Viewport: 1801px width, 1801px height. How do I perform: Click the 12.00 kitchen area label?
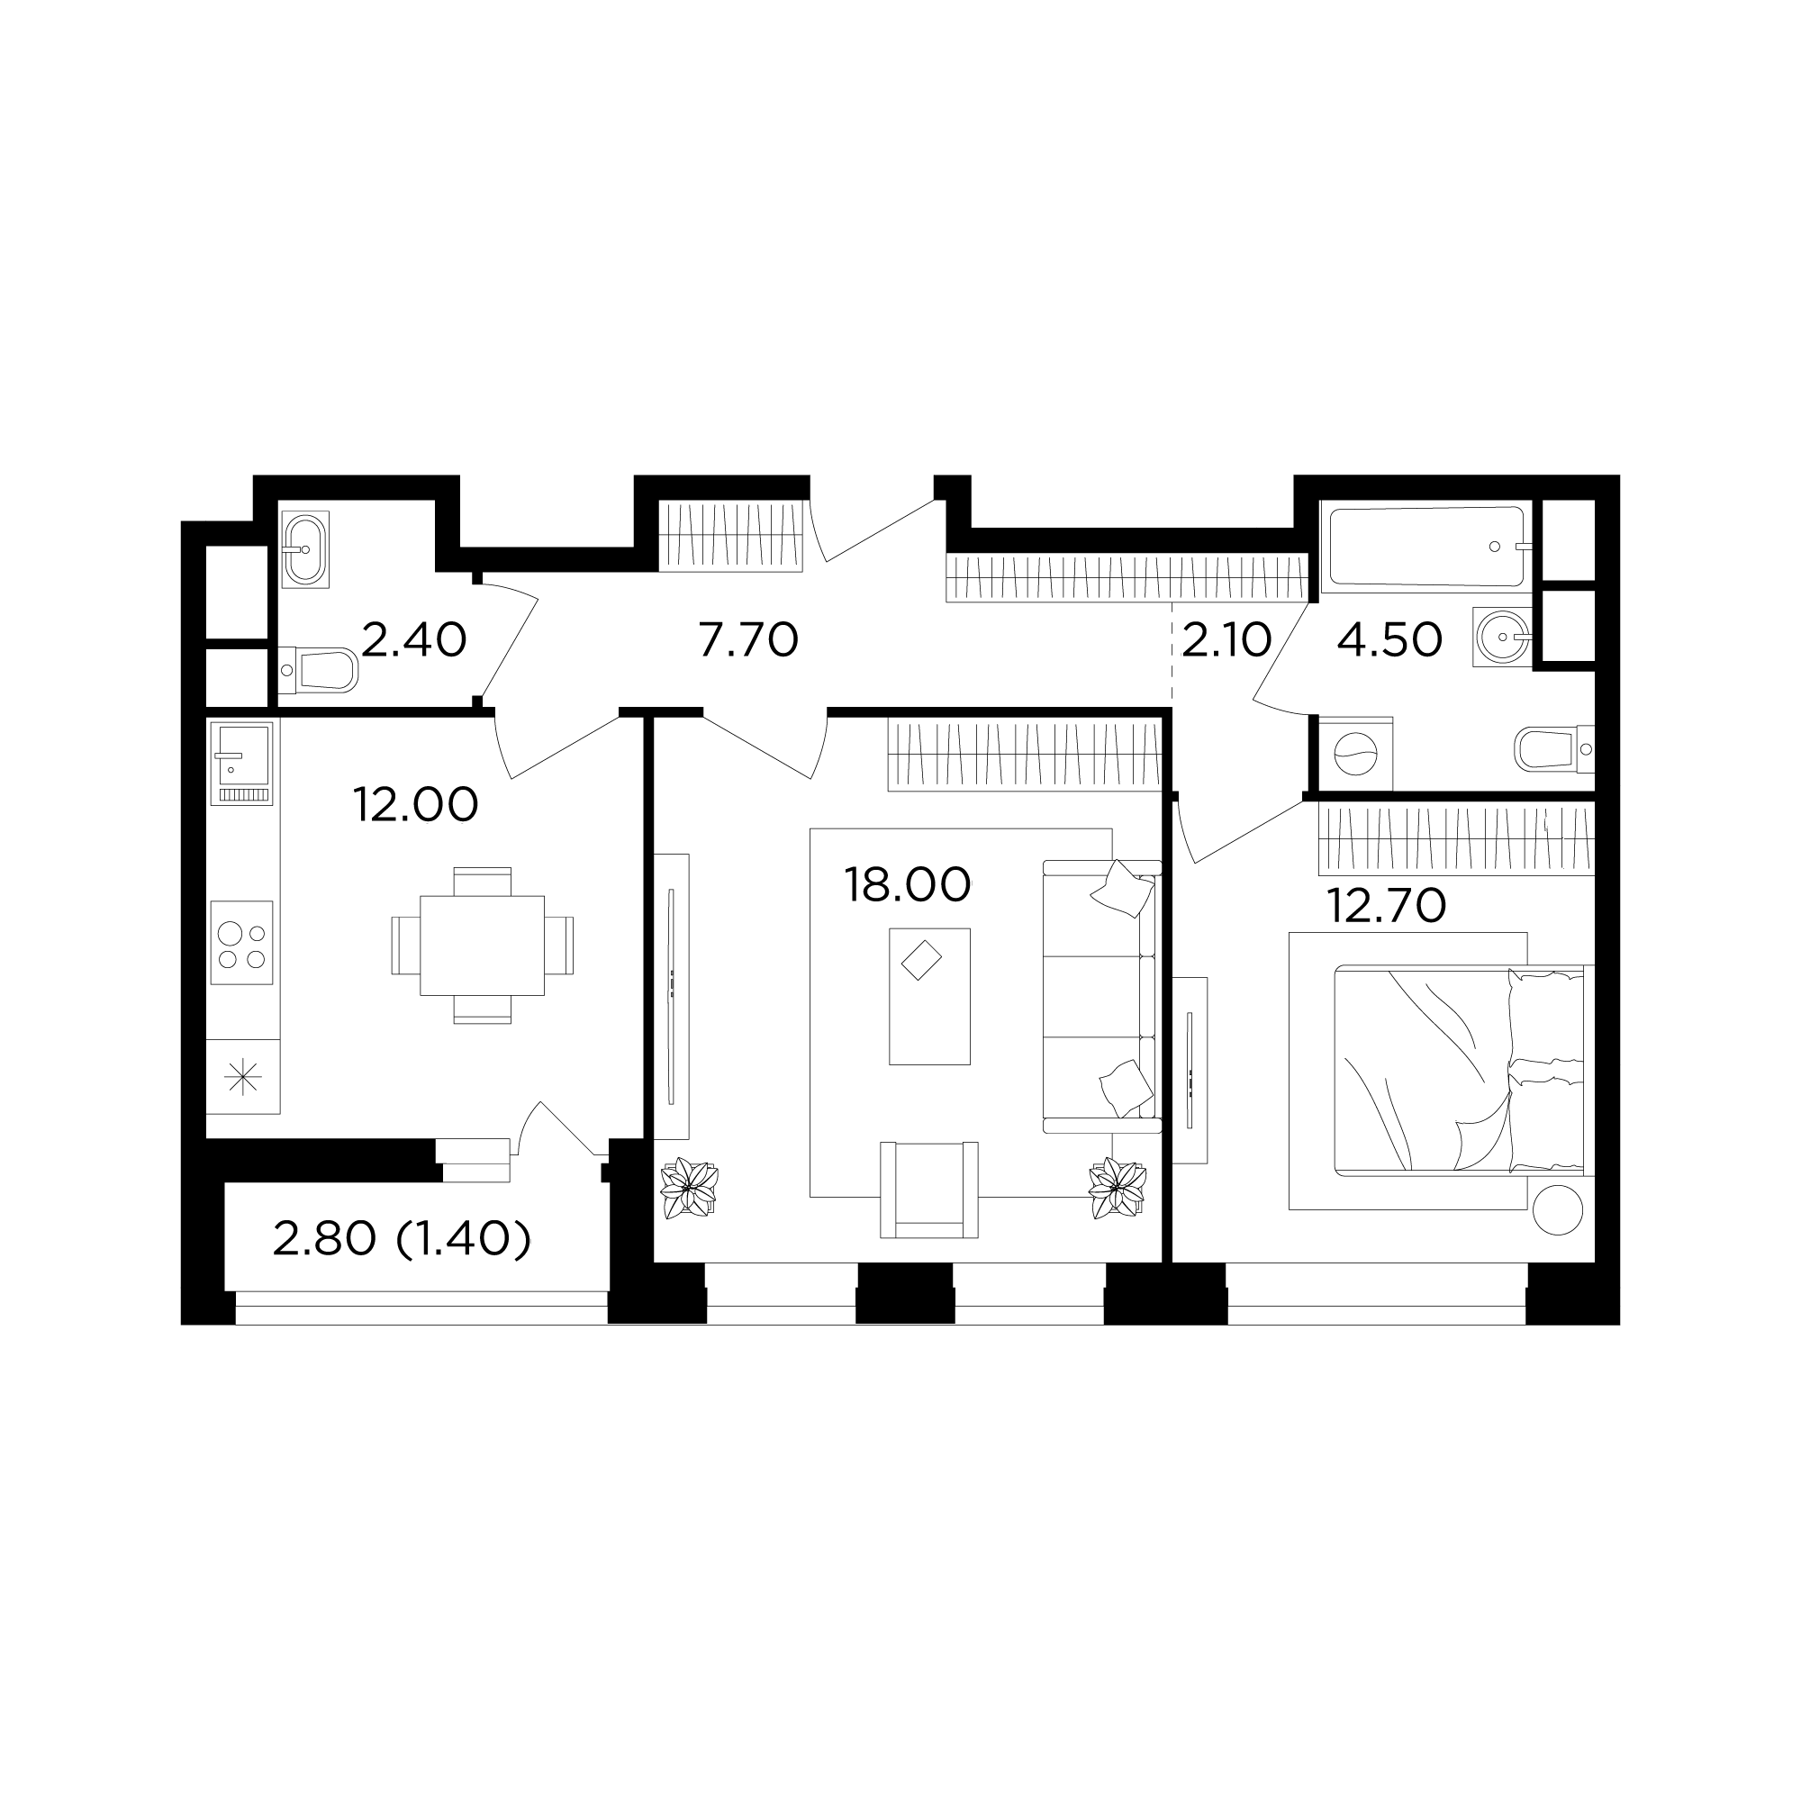416,804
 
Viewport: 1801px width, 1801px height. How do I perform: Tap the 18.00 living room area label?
907,884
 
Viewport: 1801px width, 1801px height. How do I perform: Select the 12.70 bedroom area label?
1386,905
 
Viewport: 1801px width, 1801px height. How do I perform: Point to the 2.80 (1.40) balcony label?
402,1239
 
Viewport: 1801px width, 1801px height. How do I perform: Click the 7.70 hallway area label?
748,640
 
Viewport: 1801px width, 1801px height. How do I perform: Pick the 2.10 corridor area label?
1226,640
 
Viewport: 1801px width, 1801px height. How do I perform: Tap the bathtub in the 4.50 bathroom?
1430,547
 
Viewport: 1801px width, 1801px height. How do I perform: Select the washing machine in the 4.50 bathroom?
1353,753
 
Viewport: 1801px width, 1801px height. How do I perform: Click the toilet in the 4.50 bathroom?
1554,748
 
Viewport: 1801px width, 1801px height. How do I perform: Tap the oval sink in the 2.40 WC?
305,549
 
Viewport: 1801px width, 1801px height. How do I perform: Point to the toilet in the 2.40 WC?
318,671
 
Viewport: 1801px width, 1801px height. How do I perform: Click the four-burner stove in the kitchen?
241,943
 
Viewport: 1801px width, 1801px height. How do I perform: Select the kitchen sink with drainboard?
242,764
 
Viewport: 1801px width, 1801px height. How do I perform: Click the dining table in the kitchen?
482,946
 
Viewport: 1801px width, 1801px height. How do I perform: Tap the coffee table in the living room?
929,997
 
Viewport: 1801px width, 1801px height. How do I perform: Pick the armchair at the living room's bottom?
929,1190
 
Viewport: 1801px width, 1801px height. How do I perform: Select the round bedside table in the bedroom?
1557,1208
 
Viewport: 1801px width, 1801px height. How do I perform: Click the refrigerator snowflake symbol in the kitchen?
242,1078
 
